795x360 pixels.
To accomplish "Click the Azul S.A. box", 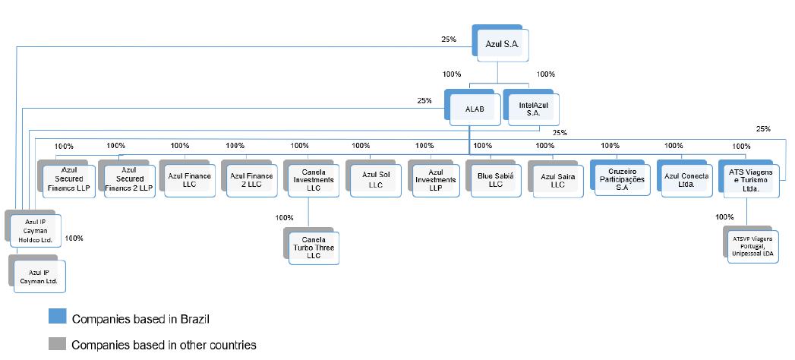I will pyautogui.click(x=500, y=46).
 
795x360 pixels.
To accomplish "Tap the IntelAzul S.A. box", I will pyautogui.click(x=528, y=109).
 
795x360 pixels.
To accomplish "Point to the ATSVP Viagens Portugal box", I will pyautogui.click(x=750, y=245).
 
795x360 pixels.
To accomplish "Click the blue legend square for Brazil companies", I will pyautogui.click(x=57, y=317).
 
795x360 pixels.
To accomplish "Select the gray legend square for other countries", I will pyautogui.click(x=57, y=344).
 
